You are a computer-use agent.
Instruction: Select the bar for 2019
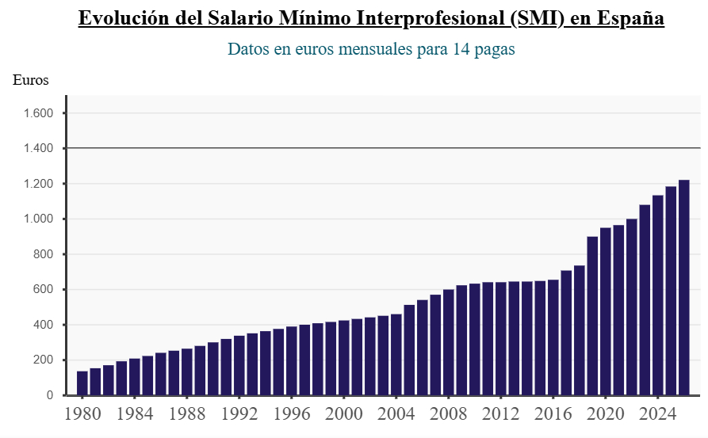[592, 316]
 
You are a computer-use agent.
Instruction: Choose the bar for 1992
[239, 365]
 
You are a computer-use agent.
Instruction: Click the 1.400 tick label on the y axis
[36, 149]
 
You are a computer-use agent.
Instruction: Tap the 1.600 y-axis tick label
[36, 113]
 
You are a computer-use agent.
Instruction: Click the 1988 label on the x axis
[187, 414]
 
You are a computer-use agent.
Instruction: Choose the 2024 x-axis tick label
[657, 414]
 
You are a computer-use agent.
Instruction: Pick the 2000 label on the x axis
[344, 414]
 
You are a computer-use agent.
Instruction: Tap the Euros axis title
[31, 79]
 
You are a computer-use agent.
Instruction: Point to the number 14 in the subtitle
[461, 49]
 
